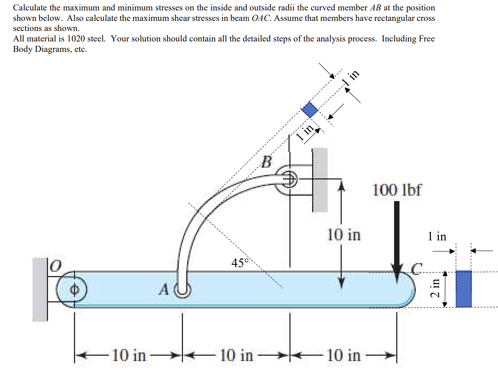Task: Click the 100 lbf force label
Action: (x=396, y=190)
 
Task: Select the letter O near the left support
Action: (x=55, y=266)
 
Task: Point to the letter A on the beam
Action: (x=164, y=289)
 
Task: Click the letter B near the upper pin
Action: (x=266, y=162)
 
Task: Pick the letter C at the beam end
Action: (x=416, y=268)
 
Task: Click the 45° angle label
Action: (x=240, y=263)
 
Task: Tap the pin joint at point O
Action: (x=74, y=289)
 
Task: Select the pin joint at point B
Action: (x=289, y=178)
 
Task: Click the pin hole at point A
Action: (x=183, y=289)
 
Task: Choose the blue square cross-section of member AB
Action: (x=310, y=110)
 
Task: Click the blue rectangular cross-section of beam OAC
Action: (x=463, y=289)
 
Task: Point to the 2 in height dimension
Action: (x=436, y=288)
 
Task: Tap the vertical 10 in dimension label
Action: (x=344, y=235)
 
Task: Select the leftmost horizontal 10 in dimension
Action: (x=129, y=355)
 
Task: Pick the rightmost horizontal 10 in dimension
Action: (x=344, y=355)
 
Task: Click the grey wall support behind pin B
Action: (x=320, y=180)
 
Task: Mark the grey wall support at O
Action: (x=40, y=289)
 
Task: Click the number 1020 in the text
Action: (x=76, y=39)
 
